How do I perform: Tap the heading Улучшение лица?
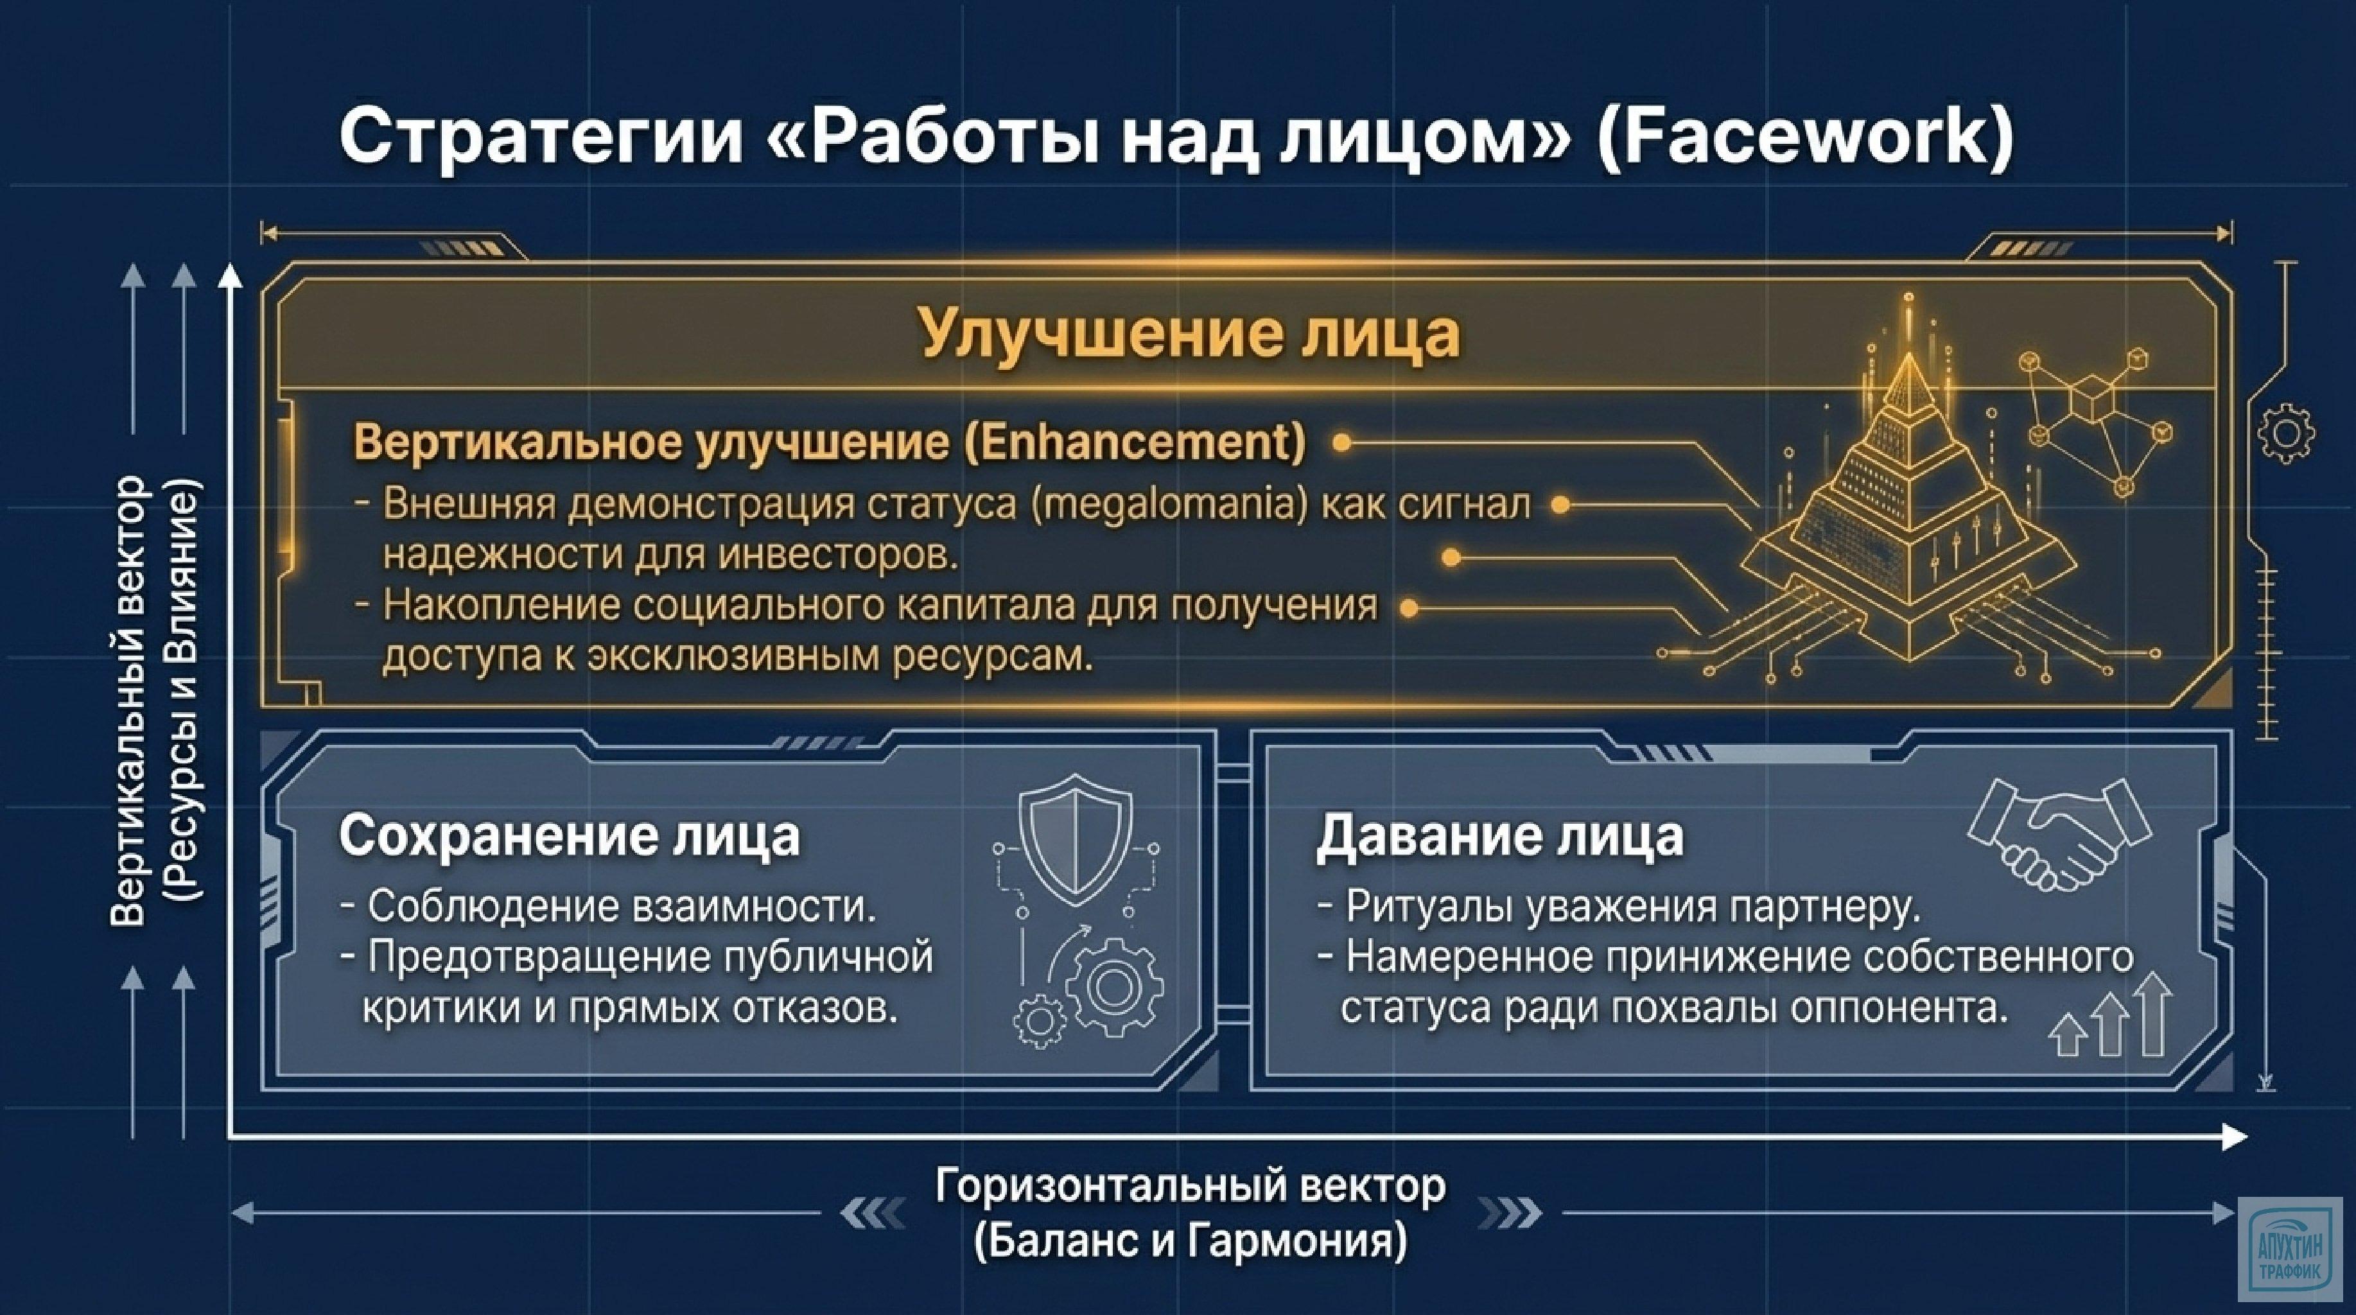(x=1189, y=334)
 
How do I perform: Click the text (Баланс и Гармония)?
(x=1190, y=1242)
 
